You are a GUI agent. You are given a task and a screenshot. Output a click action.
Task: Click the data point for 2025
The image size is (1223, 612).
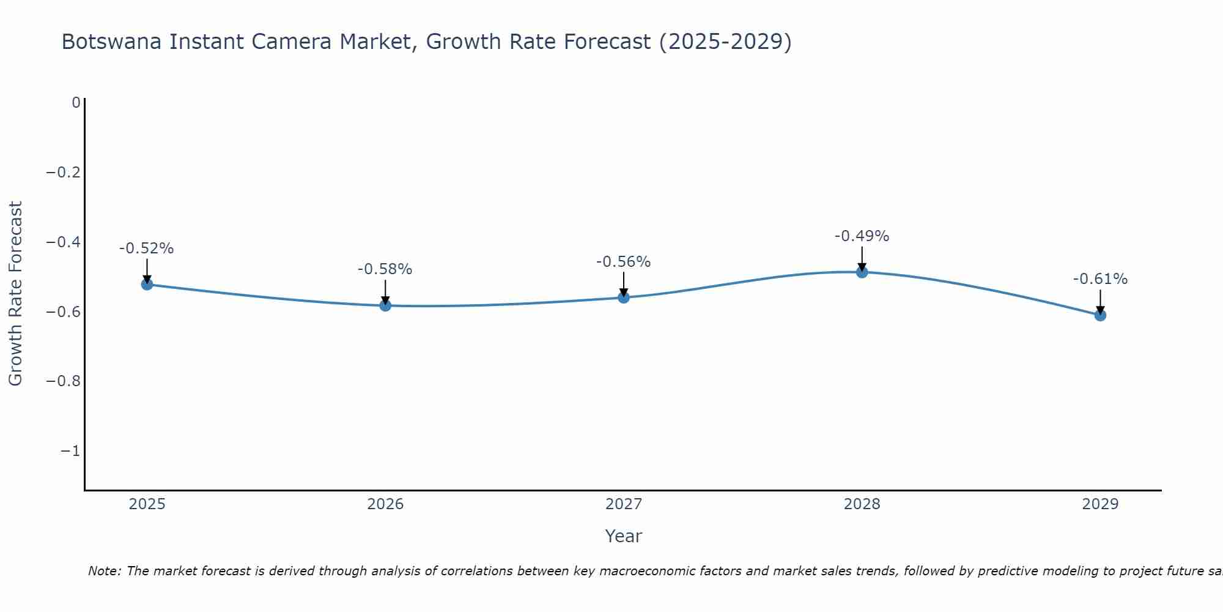pos(147,284)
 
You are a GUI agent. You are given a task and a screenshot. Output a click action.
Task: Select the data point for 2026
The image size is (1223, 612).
pos(385,305)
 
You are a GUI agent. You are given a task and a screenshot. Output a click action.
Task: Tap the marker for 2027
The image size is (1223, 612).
pos(624,297)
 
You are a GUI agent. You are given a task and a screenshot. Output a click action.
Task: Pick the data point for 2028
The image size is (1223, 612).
pos(862,272)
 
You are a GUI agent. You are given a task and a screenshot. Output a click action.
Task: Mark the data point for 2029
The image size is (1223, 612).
pos(1100,315)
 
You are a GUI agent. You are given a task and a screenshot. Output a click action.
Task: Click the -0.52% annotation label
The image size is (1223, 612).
pos(147,248)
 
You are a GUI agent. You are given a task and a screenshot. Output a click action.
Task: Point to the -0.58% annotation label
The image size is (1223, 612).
pos(385,269)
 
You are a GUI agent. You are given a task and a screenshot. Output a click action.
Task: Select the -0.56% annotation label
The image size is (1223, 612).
pos(624,262)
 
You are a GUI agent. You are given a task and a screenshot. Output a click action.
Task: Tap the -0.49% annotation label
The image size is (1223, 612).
pos(862,236)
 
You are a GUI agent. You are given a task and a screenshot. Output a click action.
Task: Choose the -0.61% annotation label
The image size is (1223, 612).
pos(1100,279)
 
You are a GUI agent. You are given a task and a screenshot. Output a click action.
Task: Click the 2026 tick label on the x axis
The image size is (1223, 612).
pos(385,504)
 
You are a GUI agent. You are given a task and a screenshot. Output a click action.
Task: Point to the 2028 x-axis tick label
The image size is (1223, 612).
pos(862,504)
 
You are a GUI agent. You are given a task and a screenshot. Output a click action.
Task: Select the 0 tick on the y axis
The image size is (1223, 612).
pos(76,102)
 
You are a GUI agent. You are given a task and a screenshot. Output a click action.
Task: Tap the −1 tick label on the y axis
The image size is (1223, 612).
pos(70,451)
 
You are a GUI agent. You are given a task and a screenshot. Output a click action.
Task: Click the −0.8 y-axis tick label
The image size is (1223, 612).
pos(63,381)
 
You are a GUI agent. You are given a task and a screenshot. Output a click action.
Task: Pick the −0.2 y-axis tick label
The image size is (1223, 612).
pos(63,172)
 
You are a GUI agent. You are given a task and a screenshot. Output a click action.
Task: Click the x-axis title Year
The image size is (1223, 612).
pos(623,536)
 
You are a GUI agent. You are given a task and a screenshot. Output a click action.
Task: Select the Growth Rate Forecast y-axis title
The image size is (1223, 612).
pos(15,293)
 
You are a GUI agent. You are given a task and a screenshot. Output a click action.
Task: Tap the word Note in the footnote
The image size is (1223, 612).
pos(104,571)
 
